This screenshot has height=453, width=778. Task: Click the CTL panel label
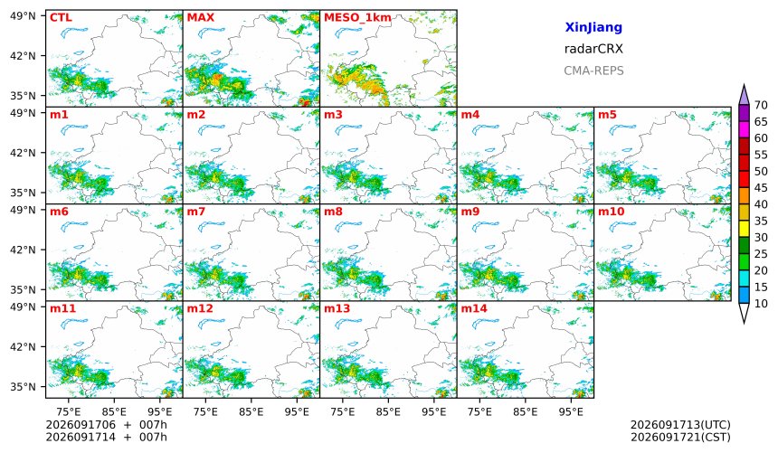pyautogui.click(x=61, y=18)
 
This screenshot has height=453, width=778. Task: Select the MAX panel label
pyautogui.click(x=201, y=18)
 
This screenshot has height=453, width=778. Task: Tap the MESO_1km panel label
pyautogui.click(x=357, y=18)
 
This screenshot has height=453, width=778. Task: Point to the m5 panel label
pyautogui.click(x=607, y=115)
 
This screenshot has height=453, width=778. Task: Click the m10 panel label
pyautogui.click(x=611, y=212)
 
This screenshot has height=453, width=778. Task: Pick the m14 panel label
pyautogui.click(x=474, y=308)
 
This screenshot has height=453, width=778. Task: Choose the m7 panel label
pyautogui.click(x=196, y=212)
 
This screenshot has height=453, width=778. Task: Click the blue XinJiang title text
pyautogui.click(x=593, y=27)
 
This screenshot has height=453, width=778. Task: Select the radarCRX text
pyautogui.click(x=593, y=49)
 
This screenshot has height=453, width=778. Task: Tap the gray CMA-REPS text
pyautogui.click(x=593, y=71)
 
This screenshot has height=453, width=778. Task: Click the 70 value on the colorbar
pyautogui.click(x=761, y=105)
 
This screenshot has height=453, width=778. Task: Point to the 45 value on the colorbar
pyautogui.click(x=761, y=188)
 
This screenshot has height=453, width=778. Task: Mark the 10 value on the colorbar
pyautogui.click(x=761, y=304)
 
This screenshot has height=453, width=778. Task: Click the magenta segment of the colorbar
pyautogui.click(x=744, y=130)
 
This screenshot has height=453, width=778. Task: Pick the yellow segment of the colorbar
pyautogui.click(x=744, y=230)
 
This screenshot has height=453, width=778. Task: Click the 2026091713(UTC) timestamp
pyautogui.click(x=680, y=425)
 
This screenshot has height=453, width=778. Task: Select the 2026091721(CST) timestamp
pyautogui.click(x=680, y=438)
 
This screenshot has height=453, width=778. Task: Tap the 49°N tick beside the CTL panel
pyautogui.click(x=23, y=16)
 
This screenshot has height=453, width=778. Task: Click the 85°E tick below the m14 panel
pyautogui.click(x=526, y=411)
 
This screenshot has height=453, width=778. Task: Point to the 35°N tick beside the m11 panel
pyautogui.click(x=23, y=386)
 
